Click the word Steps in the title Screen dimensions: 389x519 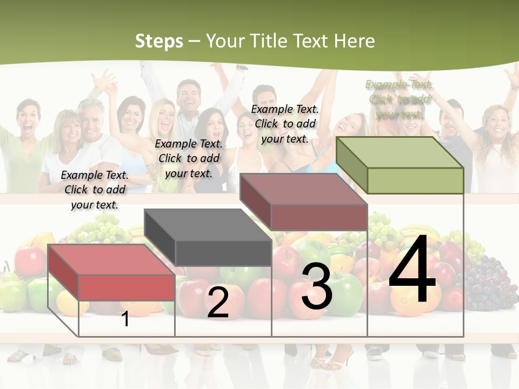click(x=159, y=41)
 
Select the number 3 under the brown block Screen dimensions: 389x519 click(x=317, y=287)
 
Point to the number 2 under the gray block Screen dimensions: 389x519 click(x=218, y=303)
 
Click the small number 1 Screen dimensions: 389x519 click(x=125, y=319)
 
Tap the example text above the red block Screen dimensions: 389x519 click(x=95, y=190)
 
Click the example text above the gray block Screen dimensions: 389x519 click(x=189, y=158)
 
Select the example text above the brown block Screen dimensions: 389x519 click(x=285, y=124)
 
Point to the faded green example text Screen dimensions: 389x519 click(x=399, y=99)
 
